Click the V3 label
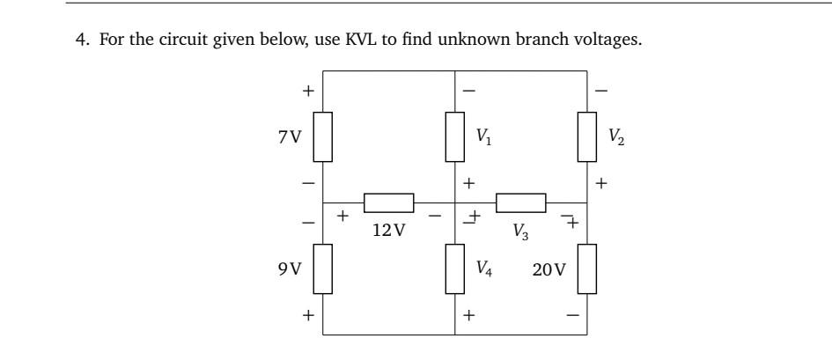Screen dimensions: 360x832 (x=521, y=232)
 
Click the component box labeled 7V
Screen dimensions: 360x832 (x=323, y=137)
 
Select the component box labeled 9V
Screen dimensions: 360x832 (x=323, y=268)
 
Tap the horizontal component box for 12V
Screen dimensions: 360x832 (x=388, y=203)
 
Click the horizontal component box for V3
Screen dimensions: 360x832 (x=520, y=203)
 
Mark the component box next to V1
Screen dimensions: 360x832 (x=454, y=137)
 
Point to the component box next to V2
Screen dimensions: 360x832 (x=586, y=137)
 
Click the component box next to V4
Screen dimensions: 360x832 (x=454, y=268)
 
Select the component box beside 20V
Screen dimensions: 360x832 (x=586, y=268)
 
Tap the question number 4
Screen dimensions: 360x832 (x=78, y=40)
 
